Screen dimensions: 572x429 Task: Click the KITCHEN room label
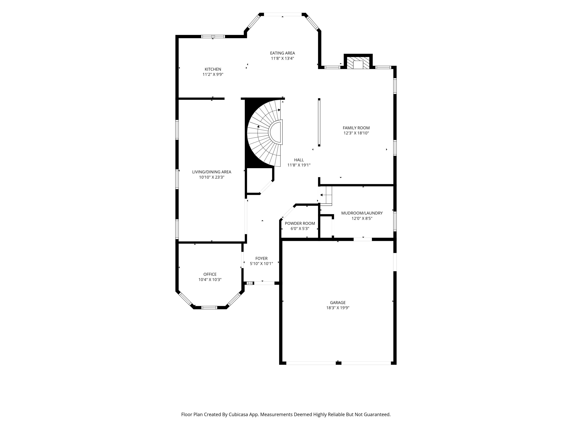tap(213, 69)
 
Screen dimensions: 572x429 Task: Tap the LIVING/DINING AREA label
tap(212, 172)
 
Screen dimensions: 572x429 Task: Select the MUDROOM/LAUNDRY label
tap(362, 213)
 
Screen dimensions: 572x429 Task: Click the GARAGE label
tap(338, 303)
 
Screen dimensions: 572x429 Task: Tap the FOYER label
tap(261, 258)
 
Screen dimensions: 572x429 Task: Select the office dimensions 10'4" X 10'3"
tap(210, 280)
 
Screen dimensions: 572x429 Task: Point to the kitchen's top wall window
tap(213, 36)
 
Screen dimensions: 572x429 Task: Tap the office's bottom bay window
tap(209, 307)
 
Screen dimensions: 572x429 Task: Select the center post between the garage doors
tap(338, 363)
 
